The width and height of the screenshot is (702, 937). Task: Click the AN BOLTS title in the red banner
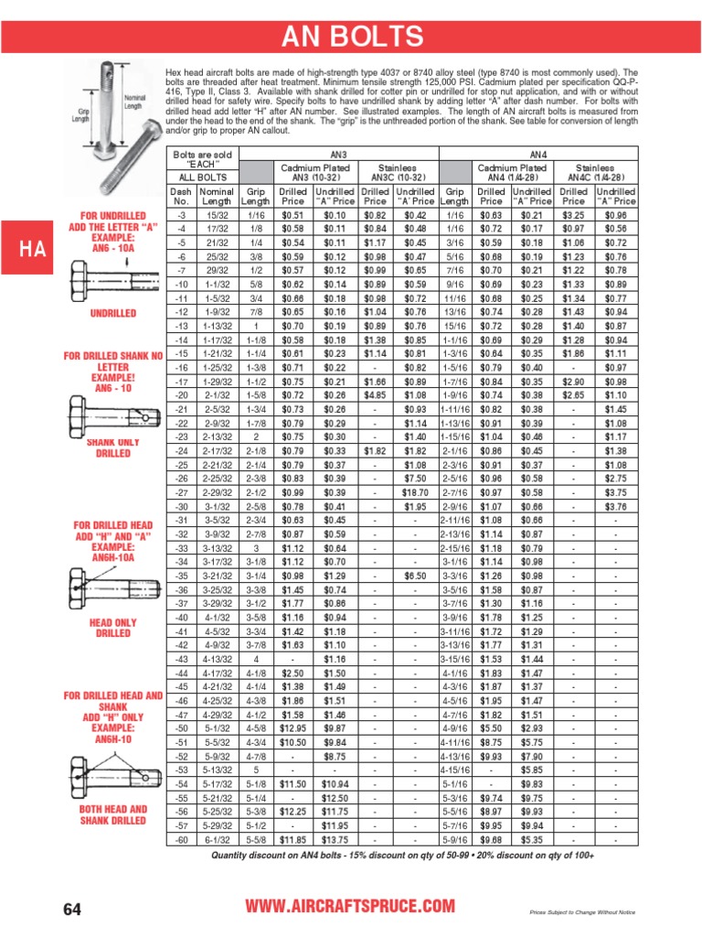tap(352, 38)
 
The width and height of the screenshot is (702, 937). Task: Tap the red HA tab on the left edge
tap(31, 249)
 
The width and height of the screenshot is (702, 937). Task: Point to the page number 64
tap(73, 908)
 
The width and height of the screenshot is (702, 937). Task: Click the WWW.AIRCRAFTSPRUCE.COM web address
tap(351, 906)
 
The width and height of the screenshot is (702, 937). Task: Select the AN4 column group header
tap(539, 156)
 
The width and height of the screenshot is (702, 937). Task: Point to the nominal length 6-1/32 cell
tap(217, 840)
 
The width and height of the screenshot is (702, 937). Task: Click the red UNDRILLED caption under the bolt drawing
tap(113, 313)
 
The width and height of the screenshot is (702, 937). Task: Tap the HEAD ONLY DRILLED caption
tap(113, 628)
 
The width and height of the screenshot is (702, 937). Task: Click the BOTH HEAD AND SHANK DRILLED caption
tap(113, 815)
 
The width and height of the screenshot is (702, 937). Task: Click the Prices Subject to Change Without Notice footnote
tap(582, 912)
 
